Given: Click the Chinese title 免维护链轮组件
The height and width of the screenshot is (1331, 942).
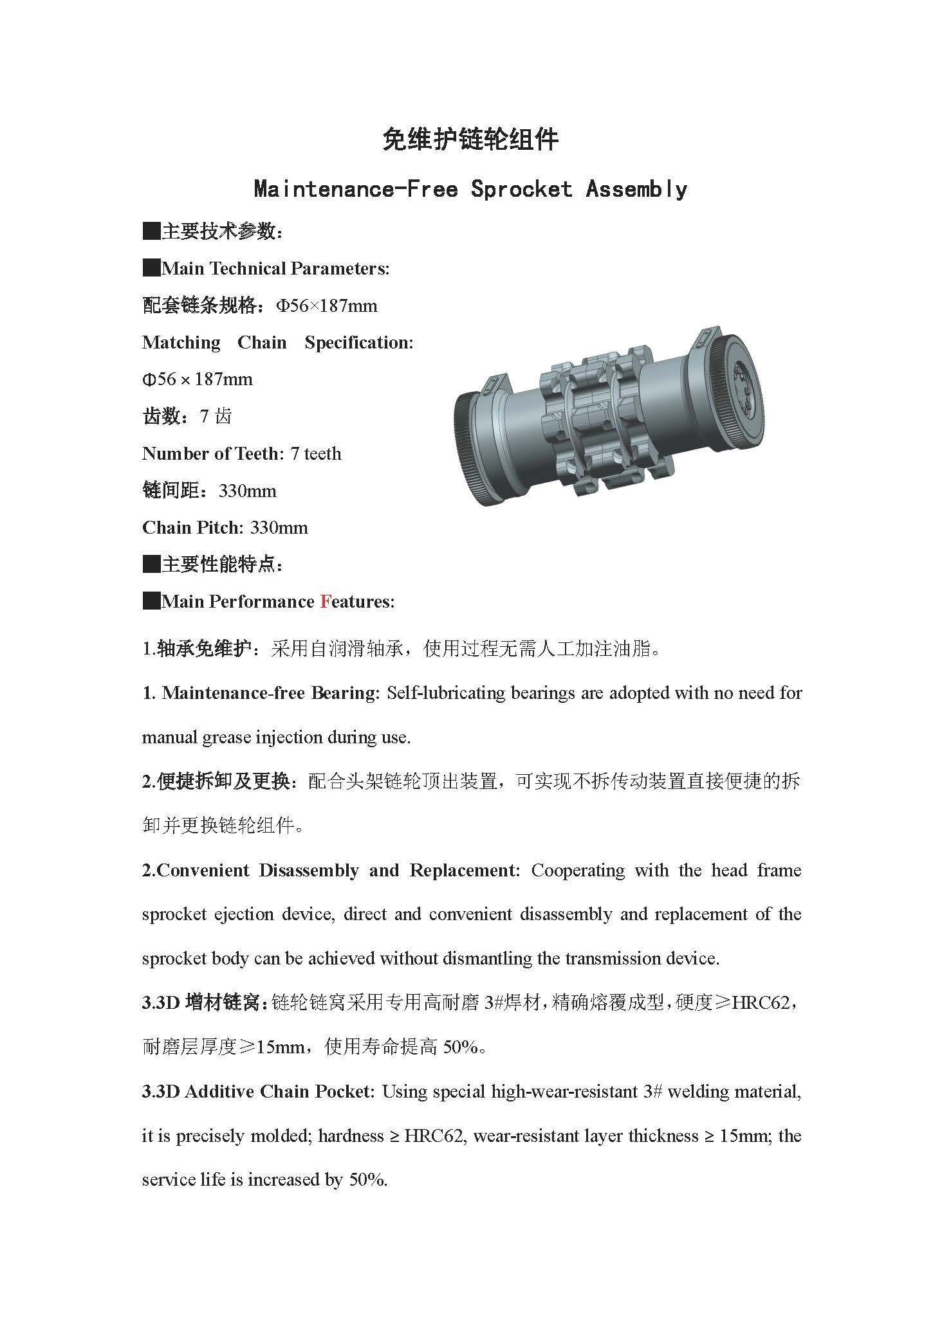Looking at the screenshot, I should point(470,139).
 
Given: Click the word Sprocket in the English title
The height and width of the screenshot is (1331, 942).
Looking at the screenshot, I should point(521,189).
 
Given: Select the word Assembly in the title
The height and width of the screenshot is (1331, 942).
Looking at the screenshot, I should point(636,189).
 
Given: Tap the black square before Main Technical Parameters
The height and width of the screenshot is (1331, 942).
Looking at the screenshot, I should point(151,268).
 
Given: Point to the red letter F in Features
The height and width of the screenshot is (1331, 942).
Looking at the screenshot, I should point(326,602).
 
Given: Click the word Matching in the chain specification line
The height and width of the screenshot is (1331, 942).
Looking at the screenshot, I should point(181,343).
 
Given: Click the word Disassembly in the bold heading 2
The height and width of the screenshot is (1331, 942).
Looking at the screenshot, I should point(309,871).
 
